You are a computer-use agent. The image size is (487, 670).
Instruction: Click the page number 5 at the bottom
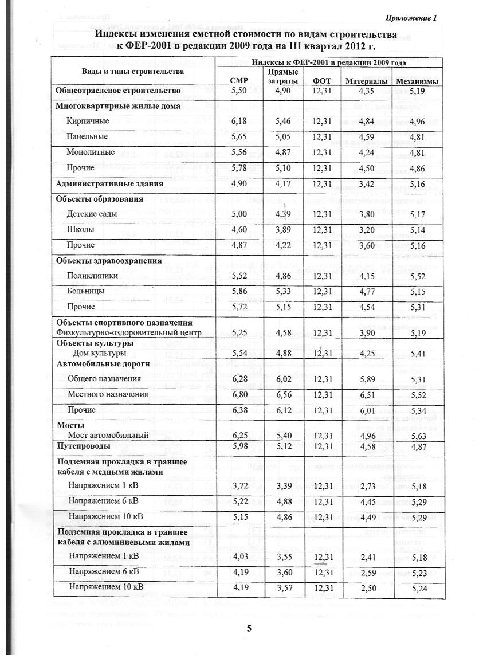(249, 628)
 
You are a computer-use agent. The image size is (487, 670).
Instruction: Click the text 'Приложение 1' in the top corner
(411, 18)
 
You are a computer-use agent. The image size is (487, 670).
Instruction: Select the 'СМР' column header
(238, 81)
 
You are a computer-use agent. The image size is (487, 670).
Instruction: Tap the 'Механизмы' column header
(415, 81)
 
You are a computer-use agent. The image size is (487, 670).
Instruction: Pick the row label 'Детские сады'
(92, 214)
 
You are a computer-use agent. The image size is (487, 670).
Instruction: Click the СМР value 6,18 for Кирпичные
(238, 122)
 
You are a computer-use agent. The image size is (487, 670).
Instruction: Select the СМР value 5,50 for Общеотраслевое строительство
(238, 91)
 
